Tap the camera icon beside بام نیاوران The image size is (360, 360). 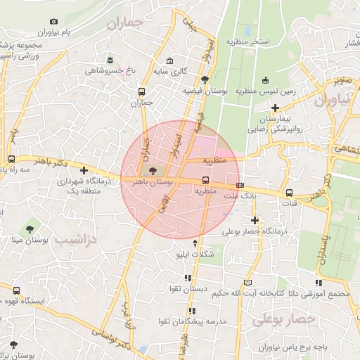54,22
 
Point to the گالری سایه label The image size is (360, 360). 170,72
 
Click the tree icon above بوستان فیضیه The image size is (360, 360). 204,79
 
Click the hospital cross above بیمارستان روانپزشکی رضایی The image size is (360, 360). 276,108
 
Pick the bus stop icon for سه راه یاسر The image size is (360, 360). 11,159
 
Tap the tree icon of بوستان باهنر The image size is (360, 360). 154,169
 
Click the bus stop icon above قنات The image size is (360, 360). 289,193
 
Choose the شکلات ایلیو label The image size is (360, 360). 195,255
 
